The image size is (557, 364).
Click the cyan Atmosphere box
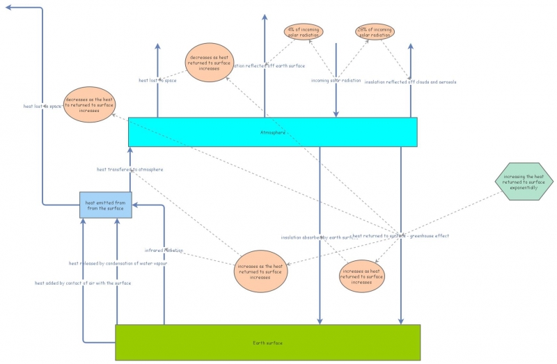pos(272,132)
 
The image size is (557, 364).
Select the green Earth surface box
pos(267,342)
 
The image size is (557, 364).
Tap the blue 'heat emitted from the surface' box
pos(105,205)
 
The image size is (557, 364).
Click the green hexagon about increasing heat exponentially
pos(519,183)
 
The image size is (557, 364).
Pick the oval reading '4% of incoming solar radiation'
pos(304,32)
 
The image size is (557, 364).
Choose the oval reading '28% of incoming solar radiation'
pos(375,32)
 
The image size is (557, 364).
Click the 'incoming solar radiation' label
pos(336,81)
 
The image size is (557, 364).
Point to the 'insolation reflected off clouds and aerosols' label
pos(411,82)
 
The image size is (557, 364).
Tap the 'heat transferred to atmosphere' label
pos(130,169)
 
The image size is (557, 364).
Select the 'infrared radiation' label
pos(164,250)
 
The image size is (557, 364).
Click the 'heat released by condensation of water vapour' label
pos(118,263)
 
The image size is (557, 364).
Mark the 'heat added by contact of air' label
pos(83,283)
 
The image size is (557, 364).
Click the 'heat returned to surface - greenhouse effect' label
pos(401,236)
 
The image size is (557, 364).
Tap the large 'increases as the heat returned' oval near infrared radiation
pos(260,271)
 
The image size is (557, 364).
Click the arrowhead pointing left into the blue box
pos(136,205)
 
